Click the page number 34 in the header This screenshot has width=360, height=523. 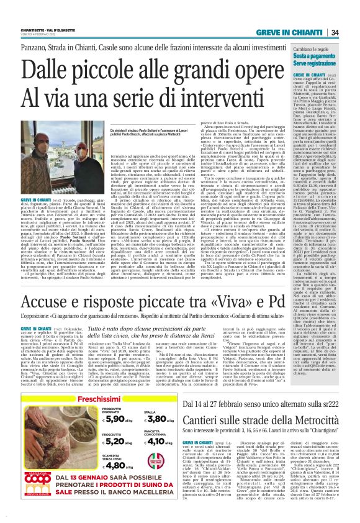(351, 32)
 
